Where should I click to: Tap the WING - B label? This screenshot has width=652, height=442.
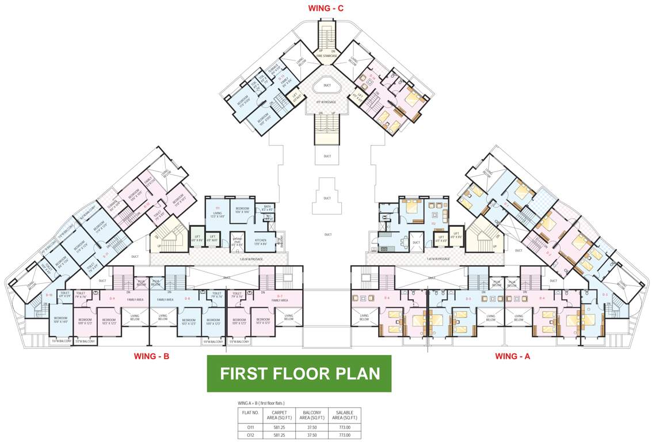(151, 356)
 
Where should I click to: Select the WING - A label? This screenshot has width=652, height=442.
(512, 356)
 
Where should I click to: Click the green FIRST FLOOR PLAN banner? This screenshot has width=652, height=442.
(299, 374)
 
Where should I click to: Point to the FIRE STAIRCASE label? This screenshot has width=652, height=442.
(326, 56)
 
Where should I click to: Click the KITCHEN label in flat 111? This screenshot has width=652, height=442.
(261, 241)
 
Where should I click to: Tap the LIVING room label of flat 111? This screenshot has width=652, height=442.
(218, 214)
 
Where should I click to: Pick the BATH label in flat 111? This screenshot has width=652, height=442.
(266, 207)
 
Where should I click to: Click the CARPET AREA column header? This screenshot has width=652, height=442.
(280, 416)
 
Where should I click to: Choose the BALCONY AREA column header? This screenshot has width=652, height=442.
(311, 416)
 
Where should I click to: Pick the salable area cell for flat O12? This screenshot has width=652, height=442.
(345, 435)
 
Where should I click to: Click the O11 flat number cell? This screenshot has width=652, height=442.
(250, 427)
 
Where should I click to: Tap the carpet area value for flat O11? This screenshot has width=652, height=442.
(280, 427)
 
